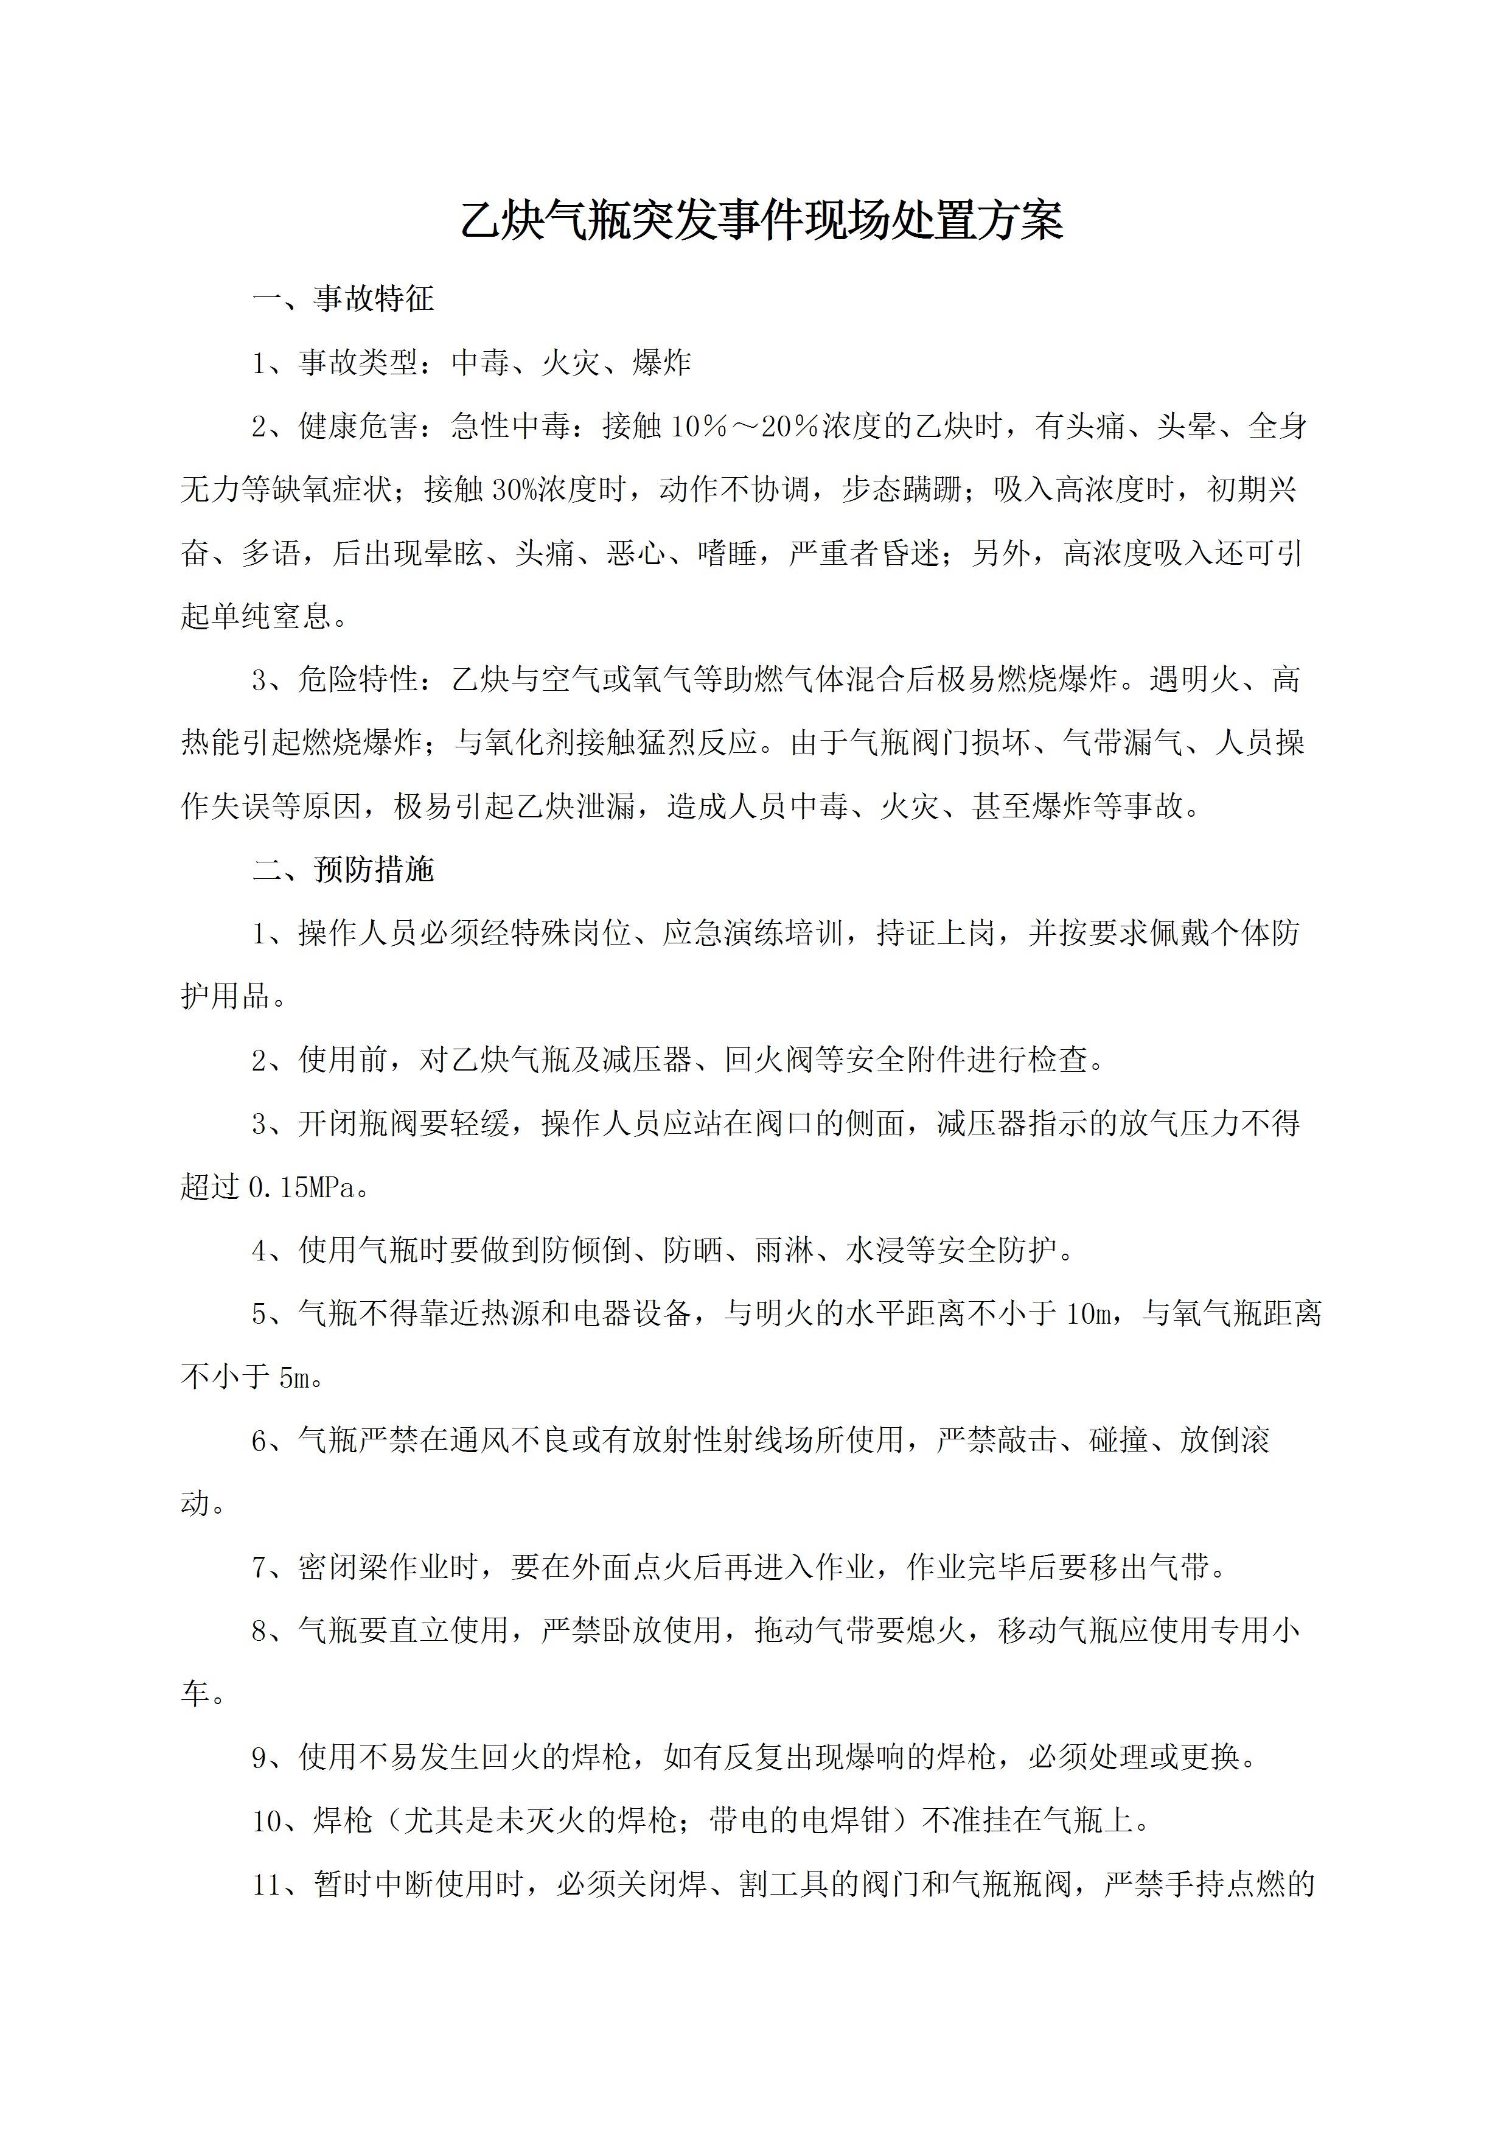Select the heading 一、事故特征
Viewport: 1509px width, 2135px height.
click(343, 298)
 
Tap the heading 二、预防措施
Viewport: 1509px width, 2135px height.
click(343, 870)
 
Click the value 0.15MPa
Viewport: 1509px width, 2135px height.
click(303, 1187)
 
